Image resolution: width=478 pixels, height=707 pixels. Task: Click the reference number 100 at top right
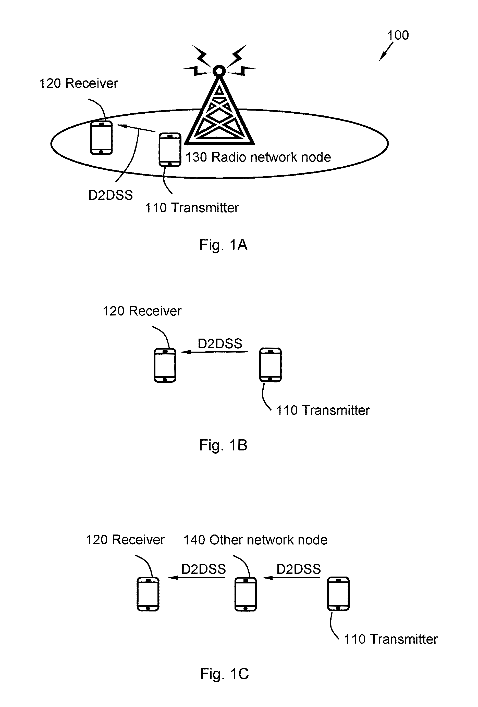point(398,35)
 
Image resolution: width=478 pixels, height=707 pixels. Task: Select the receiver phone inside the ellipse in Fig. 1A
point(102,138)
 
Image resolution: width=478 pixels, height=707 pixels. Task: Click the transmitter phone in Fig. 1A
point(170,150)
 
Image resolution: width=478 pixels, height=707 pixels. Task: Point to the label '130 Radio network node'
point(258,157)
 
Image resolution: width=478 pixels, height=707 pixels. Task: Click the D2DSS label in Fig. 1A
point(111,195)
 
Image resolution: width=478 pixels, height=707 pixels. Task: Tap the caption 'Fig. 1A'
point(223,245)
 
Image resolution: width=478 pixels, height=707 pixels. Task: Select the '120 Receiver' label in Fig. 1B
point(142,311)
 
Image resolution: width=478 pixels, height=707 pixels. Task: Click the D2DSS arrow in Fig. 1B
point(214,352)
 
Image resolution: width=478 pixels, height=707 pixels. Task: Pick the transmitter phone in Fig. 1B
point(270,365)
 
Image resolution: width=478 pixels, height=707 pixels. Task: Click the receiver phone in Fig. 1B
point(165,365)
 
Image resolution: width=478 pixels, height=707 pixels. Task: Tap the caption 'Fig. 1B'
point(223,445)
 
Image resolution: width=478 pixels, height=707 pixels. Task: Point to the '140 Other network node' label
point(255,540)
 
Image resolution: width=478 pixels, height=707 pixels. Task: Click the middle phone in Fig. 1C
point(246,594)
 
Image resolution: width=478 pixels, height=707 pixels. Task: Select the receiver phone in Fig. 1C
point(148,594)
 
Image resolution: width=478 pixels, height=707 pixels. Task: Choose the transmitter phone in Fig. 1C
point(338,594)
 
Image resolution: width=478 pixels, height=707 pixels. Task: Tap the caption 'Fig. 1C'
point(224,674)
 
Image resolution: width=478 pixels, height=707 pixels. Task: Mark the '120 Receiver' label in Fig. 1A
point(79,83)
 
